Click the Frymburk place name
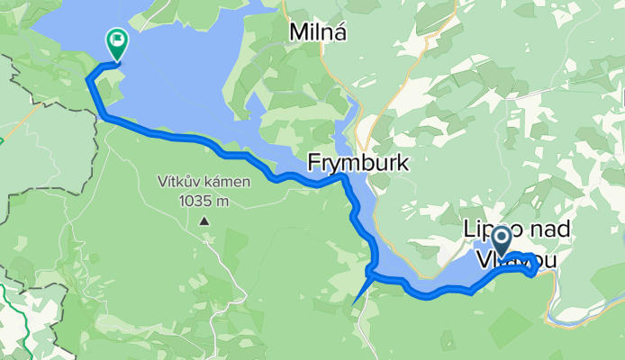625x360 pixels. coord(358,163)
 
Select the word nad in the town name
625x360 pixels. coord(545,229)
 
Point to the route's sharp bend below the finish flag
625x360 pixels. coord(88,81)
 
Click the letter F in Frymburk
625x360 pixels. coord(313,163)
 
